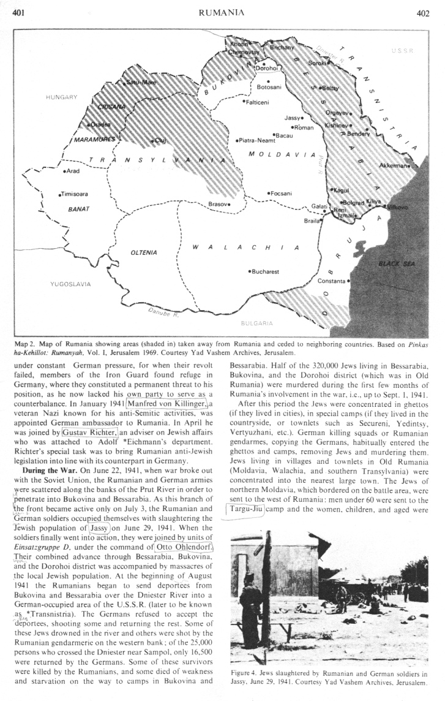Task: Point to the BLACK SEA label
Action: point(397,263)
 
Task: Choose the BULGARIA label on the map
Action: point(256,322)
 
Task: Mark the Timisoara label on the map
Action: point(75,194)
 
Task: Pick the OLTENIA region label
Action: point(144,252)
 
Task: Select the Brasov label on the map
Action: point(219,203)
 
